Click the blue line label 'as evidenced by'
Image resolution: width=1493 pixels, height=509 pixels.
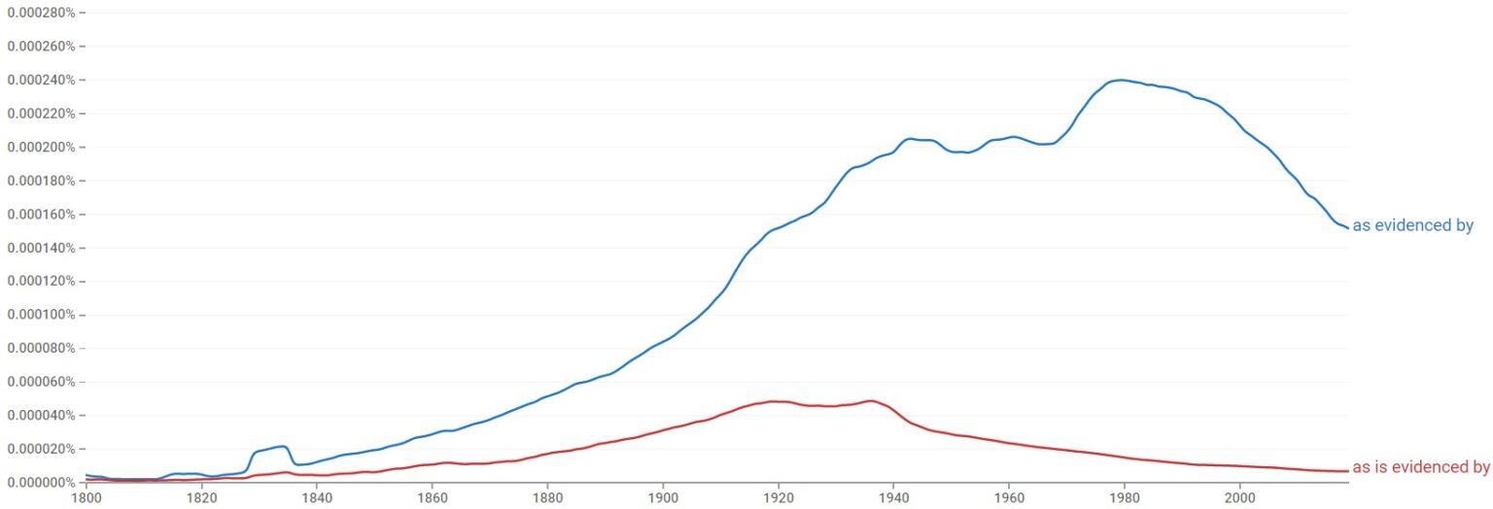(1412, 226)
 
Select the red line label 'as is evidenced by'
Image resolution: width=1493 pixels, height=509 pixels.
(1420, 467)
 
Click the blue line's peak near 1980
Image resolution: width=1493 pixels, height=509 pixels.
(1121, 80)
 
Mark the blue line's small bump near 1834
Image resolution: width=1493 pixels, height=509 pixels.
(283, 446)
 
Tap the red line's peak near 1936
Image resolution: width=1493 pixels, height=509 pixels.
(870, 400)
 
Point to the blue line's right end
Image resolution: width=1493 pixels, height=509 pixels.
(1348, 228)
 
